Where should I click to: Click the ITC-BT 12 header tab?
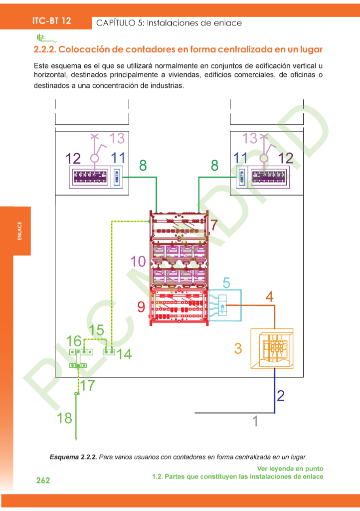51,21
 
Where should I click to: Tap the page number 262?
43,481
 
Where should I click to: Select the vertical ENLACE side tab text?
19,231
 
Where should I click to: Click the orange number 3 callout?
238,348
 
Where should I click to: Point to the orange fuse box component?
272,348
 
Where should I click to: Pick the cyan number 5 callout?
226,283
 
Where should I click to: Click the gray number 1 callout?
255,421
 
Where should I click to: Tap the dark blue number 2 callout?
280,395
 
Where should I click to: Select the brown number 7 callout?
213,225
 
